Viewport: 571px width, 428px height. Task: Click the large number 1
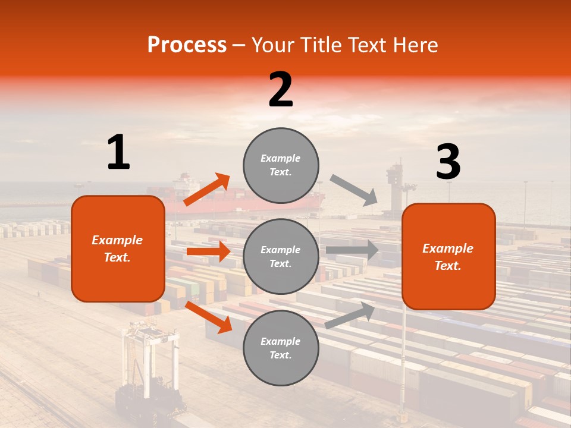pos(118,153)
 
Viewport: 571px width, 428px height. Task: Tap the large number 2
pos(281,90)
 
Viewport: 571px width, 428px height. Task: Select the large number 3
pos(448,162)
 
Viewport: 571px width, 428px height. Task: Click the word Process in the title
pos(187,45)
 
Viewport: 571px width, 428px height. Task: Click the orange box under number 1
pos(118,248)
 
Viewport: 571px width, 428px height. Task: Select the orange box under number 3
pos(448,256)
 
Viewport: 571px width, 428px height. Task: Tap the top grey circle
pos(281,165)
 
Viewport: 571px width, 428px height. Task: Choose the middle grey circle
pos(281,256)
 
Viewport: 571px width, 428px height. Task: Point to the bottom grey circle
pos(281,348)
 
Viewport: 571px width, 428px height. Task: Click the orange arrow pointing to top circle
pos(207,190)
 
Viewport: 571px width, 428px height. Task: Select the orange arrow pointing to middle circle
pos(208,251)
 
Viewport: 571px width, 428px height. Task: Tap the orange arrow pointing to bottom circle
pos(208,317)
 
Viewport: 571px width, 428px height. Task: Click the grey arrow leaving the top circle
pos(354,190)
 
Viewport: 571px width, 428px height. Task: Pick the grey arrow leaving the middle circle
pos(352,250)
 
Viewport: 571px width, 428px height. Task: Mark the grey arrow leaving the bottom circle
pos(350,316)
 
